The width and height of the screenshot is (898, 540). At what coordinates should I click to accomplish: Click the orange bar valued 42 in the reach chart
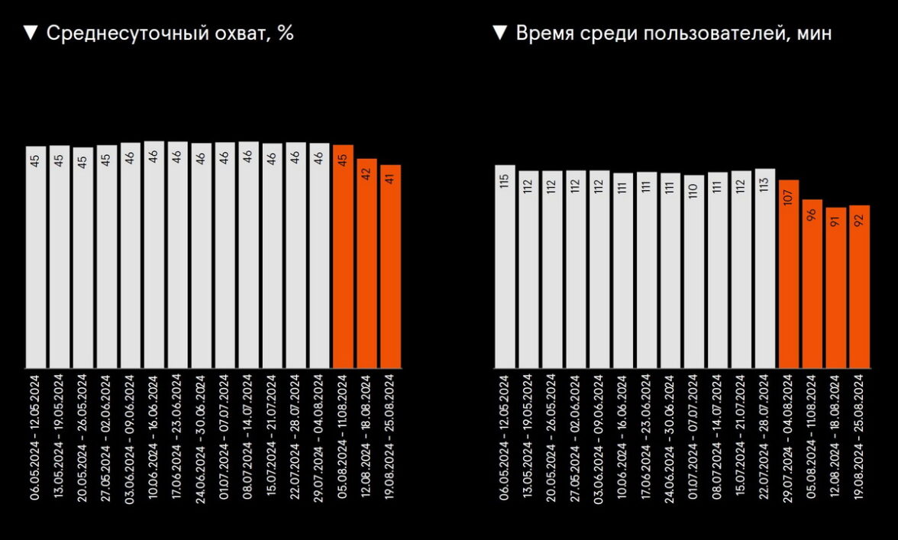pyautogui.click(x=367, y=264)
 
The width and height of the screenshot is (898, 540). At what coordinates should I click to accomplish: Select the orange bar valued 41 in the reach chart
pyautogui.click(x=390, y=267)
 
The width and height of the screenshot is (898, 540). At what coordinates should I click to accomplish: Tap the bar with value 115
pyautogui.click(x=505, y=267)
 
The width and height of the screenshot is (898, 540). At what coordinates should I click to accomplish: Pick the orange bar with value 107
pyautogui.click(x=789, y=274)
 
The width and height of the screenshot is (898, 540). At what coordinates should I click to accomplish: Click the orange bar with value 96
pyautogui.click(x=812, y=283)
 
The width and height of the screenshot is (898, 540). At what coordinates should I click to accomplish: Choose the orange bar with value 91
pyautogui.click(x=836, y=288)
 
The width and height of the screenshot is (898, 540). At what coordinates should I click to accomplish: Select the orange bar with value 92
pyautogui.click(x=860, y=286)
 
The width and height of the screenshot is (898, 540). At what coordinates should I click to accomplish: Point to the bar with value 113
pyautogui.click(x=765, y=268)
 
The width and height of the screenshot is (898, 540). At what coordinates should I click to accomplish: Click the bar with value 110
pyautogui.click(x=694, y=272)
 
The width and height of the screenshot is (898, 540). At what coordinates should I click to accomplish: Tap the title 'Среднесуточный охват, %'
pyautogui.click(x=170, y=34)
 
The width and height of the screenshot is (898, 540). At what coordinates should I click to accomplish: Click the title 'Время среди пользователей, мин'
pyautogui.click(x=673, y=34)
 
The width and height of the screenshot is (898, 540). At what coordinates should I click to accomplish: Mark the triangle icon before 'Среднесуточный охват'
pyautogui.click(x=31, y=33)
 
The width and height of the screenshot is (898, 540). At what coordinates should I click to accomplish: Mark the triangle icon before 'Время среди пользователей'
pyautogui.click(x=499, y=33)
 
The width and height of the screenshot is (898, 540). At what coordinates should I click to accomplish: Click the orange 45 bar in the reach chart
pyautogui.click(x=343, y=257)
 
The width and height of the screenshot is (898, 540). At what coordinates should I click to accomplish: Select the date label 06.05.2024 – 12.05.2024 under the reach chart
pyautogui.click(x=36, y=436)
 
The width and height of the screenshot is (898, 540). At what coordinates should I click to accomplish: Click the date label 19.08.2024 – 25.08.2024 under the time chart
pyautogui.click(x=859, y=436)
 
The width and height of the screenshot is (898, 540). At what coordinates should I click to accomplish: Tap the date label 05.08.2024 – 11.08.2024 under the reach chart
pyautogui.click(x=343, y=436)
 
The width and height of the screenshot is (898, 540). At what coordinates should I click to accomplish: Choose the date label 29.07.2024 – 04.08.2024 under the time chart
pyautogui.click(x=788, y=436)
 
